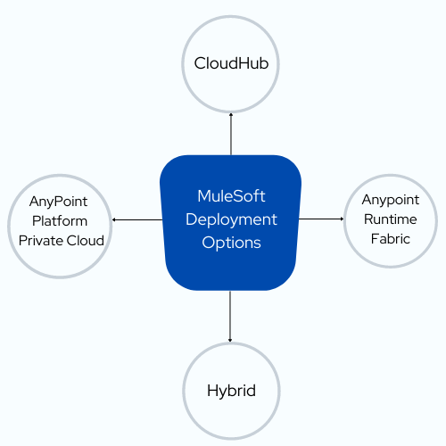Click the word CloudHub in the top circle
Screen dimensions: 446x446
[231, 63]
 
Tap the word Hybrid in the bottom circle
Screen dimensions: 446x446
[231, 392]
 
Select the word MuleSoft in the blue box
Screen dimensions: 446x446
[231, 196]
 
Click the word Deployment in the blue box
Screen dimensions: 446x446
[231, 220]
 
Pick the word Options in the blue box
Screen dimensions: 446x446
[231, 244]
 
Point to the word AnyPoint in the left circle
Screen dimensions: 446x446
[58, 202]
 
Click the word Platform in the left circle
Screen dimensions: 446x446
[60, 221]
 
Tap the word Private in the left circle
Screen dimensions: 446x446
[40, 241]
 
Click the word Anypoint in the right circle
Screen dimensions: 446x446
[391, 201]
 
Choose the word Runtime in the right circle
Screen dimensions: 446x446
[391, 219]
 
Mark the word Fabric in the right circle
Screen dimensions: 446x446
[391, 239]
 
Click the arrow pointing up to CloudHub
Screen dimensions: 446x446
[231, 134]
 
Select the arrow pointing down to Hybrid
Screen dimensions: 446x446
[230, 316]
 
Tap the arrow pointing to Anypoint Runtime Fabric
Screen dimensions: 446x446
[321, 219]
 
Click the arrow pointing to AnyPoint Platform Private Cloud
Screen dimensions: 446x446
[137, 219]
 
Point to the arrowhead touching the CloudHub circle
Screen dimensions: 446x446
[231, 114]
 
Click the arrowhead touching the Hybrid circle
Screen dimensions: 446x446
[230, 341]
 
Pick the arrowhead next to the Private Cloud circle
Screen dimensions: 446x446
[113, 219]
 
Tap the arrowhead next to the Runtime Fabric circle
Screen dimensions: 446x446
[343, 219]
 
